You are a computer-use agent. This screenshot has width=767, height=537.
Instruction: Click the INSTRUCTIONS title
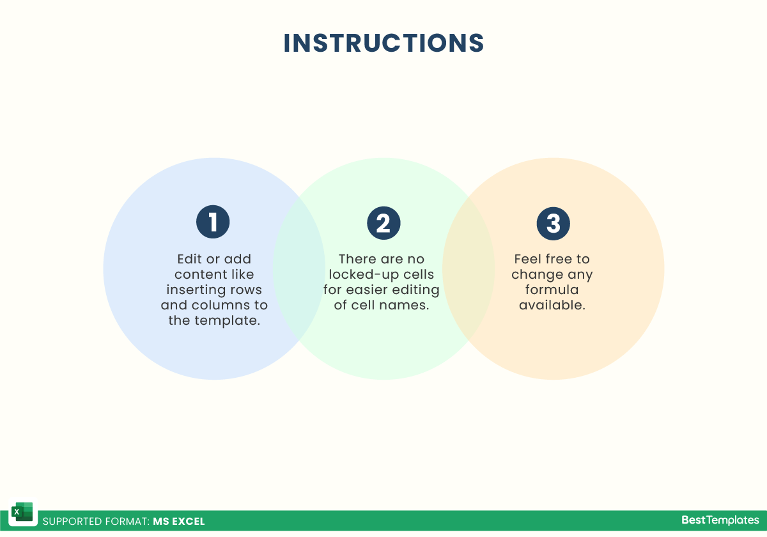(x=383, y=43)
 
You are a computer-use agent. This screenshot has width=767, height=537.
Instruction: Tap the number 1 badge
(x=213, y=222)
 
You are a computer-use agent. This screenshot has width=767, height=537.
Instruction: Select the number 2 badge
(x=383, y=223)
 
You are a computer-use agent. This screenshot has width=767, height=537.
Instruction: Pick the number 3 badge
(x=554, y=224)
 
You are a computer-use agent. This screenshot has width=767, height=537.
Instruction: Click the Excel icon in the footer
(x=22, y=511)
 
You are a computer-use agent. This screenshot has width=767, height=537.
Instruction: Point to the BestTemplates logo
(x=720, y=520)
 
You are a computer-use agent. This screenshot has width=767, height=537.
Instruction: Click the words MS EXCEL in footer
(x=179, y=521)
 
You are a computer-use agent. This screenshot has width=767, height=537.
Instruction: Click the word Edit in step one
(x=190, y=259)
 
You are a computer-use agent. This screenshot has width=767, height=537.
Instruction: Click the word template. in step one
(x=228, y=321)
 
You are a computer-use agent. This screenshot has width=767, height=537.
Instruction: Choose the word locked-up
(x=364, y=275)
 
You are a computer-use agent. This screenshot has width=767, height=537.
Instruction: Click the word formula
(x=552, y=290)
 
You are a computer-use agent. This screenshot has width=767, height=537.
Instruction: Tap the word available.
(x=552, y=305)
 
